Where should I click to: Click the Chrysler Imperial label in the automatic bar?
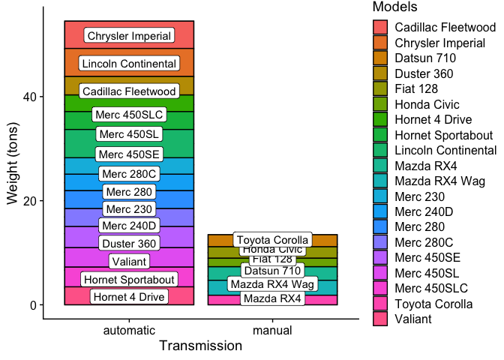point(129,36)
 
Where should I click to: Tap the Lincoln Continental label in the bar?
point(129,64)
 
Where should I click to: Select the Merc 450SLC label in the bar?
point(129,115)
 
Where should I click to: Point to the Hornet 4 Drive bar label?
point(129,297)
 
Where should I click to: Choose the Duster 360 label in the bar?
point(129,243)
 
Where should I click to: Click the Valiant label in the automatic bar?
point(129,261)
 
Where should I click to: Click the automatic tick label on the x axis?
point(129,330)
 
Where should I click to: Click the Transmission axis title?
point(200,346)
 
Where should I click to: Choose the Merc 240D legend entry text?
point(424,211)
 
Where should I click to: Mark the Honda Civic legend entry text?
point(427,104)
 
